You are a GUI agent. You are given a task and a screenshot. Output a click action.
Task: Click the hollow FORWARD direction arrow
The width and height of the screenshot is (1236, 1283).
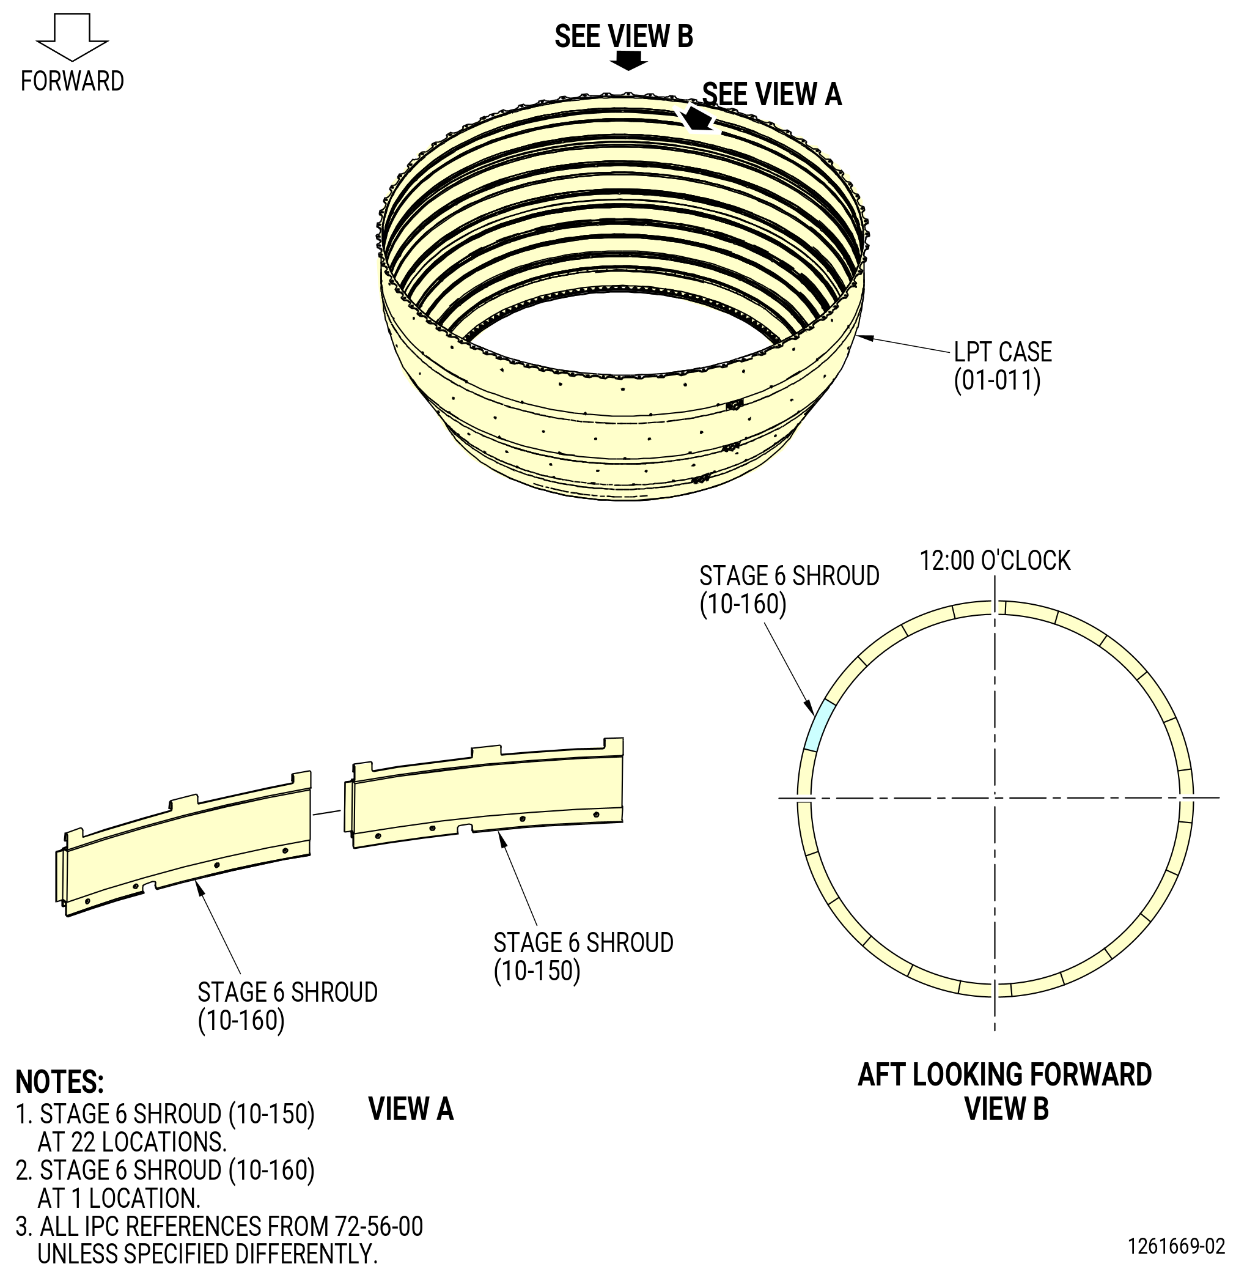tap(72, 37)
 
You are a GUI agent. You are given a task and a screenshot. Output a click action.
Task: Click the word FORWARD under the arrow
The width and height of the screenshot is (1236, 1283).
tap(72, 81)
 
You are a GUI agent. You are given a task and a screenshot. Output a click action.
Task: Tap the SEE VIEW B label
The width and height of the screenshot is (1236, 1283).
tap(624, 36)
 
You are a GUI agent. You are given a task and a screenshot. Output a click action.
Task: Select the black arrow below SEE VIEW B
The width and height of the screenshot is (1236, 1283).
tap(628, 61)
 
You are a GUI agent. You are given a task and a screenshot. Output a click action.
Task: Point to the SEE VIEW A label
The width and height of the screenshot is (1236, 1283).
tap(772, 94)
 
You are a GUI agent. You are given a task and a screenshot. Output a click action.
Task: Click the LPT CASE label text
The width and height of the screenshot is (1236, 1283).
tap(1002, 352)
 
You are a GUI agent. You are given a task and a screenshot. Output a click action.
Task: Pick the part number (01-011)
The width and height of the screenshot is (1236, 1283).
tap(996, 380)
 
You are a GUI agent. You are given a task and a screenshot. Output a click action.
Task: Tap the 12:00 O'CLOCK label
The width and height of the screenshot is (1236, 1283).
tap(995, 561)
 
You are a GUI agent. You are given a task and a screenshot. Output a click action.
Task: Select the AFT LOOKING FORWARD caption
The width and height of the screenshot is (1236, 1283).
tap(1004, 1075)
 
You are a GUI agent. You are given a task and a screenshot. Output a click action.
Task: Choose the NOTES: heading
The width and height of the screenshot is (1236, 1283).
tap(59, 1082)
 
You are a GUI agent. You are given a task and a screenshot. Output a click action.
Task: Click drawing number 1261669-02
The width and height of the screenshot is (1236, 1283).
tap(1176, 1246)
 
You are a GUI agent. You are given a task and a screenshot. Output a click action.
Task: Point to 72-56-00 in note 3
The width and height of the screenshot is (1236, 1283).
tap(379, 1227)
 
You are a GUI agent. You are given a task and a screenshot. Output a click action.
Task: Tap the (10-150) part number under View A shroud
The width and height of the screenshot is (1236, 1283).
tap(537, 971)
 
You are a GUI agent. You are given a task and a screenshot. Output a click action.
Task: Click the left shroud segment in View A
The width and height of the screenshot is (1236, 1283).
tap(183, 845)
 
